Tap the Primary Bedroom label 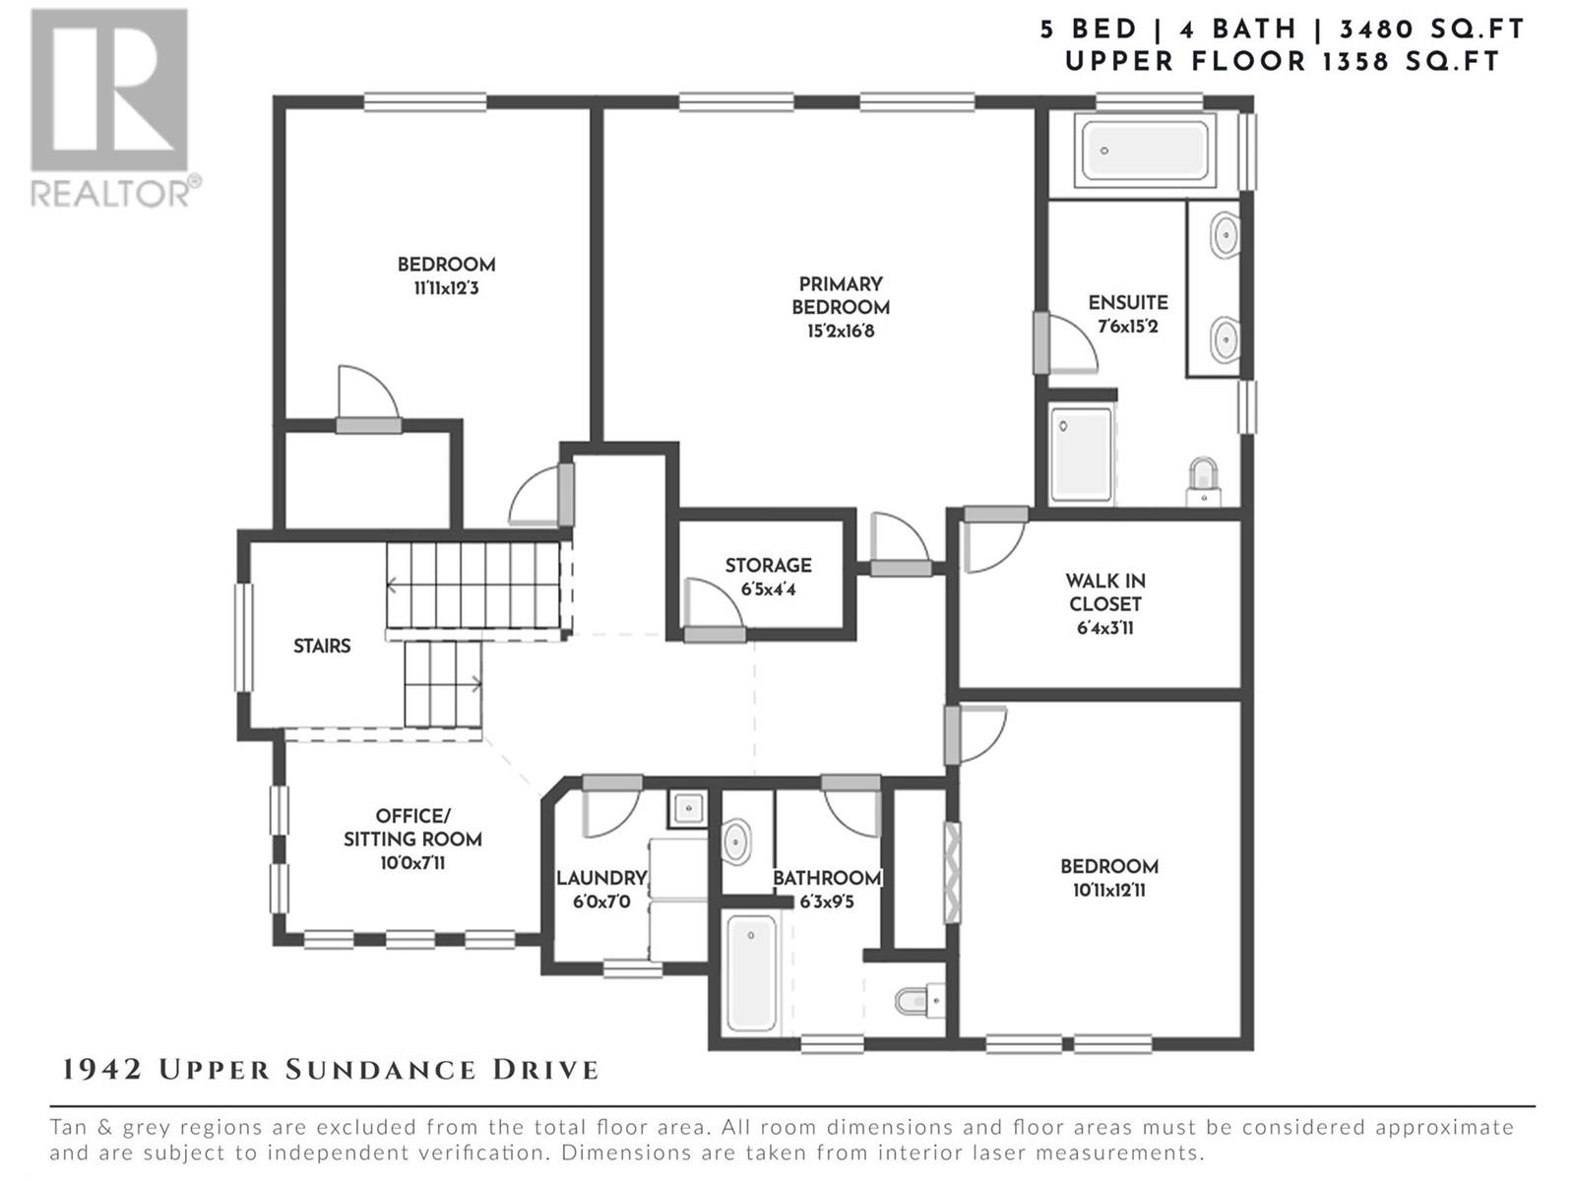tap(841, 295)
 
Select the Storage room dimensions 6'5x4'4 tap(769, 590)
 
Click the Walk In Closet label tap(1105, 592)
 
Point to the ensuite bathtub tap(1145, 151)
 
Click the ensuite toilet tap(1203, 482)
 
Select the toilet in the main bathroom tap(919, 1000)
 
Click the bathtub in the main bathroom tap(750, 972)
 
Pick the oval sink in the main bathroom tap(736, 842)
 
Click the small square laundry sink tap(688, 809)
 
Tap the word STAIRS tap(322, 646)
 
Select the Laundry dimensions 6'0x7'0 tap(602, 901)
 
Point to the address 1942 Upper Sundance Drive tap(331, 1070)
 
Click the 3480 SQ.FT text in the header tap(1431, 30)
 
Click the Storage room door tap(715, 634)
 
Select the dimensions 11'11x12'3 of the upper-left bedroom tap(446, 289)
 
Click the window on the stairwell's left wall tap(245, 638)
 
